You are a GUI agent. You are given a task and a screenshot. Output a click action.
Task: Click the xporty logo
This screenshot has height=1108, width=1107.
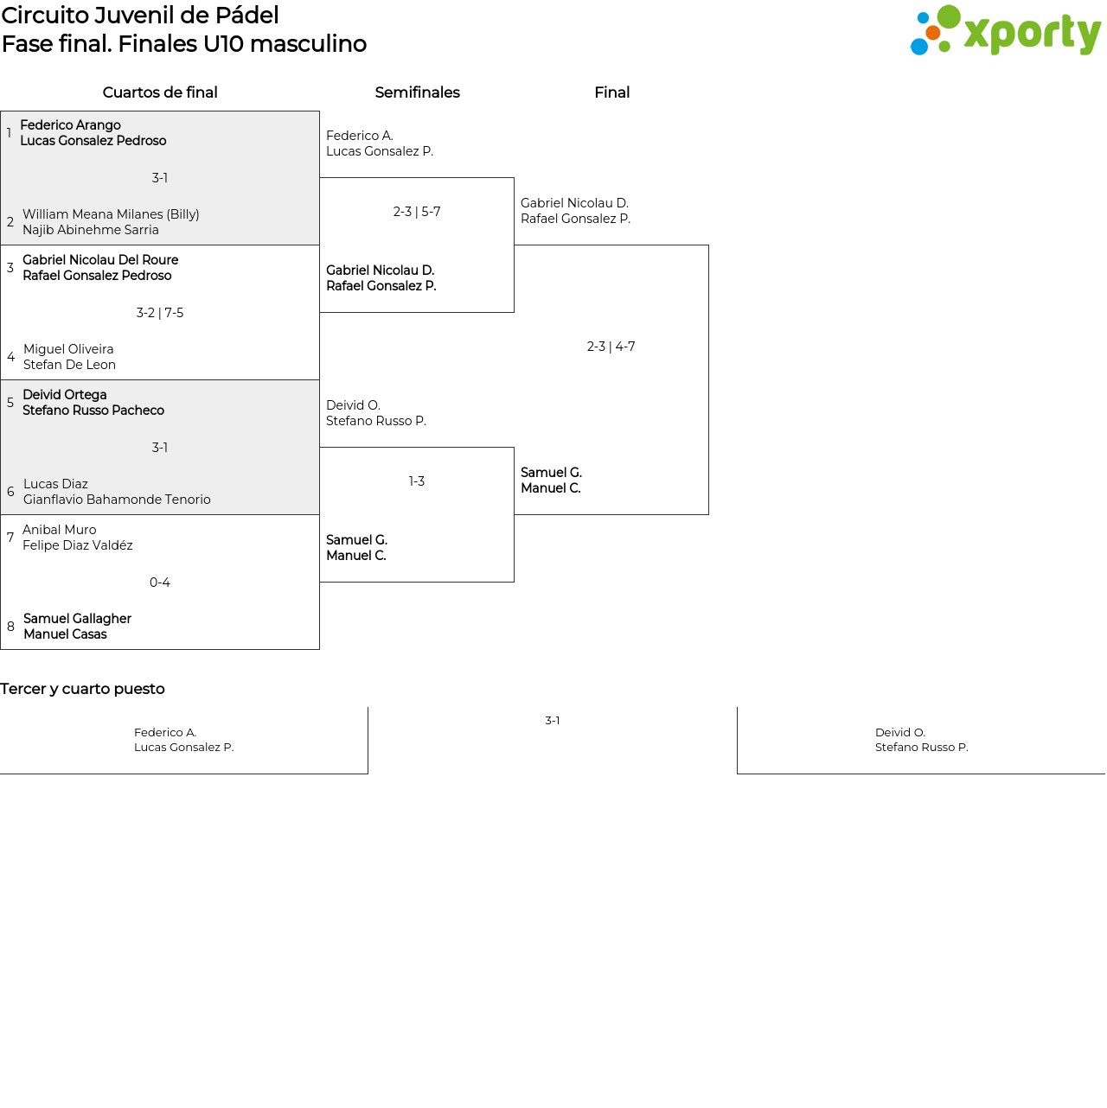click(x=1005, y=30)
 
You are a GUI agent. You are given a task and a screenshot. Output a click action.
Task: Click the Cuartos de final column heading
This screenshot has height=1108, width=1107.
click(x=160, y=92)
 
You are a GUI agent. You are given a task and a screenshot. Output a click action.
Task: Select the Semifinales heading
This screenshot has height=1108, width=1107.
click(x=417, y=92)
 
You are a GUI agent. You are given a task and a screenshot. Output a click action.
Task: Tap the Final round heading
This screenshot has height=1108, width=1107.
click(x=611, y=92)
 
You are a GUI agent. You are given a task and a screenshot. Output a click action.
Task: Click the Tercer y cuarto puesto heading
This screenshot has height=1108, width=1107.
click(x=82, y=689)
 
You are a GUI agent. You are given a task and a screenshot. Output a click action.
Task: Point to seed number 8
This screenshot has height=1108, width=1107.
click(x=10, y=626)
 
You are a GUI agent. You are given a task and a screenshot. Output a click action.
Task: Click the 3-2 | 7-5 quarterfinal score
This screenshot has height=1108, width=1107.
click(x=160, y=313)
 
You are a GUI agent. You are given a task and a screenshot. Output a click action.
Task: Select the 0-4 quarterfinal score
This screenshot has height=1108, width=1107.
click(x=160, y=583)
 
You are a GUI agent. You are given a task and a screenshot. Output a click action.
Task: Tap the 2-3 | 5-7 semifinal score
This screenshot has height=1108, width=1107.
click(x=417, y=212)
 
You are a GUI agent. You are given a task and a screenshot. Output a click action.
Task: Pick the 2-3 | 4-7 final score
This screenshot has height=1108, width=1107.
click(x=611, y=347)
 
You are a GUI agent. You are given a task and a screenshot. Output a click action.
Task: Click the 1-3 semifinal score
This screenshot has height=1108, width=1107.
click(x=417, y=481)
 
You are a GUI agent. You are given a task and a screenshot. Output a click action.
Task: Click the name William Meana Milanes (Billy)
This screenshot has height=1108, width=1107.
click(x=111, y=214)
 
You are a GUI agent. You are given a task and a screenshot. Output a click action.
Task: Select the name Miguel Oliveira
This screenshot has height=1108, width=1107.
click(x=68, y=349)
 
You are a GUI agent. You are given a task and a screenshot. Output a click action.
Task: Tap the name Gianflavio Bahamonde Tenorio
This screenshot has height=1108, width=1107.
click(x=117, y=500)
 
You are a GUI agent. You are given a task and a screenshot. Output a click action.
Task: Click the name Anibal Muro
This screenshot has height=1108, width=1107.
click(x=60, y=530)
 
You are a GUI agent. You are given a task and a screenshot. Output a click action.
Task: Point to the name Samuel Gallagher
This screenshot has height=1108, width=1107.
click(x=77, y=619)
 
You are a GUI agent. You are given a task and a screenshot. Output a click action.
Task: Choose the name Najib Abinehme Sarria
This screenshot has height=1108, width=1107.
click(x=90, y=230)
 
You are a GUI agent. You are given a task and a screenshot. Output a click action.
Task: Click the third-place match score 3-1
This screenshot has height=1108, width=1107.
click(x=553, y=721)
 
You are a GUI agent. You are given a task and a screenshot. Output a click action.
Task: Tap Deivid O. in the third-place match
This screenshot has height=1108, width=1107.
click(x=899, y=733)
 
